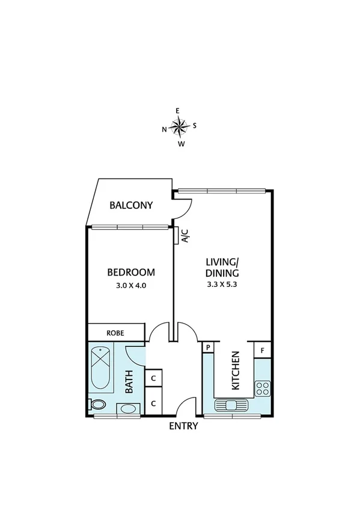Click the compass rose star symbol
pos(179,126)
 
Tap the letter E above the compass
pos(177,111)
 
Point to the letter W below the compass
pos(181,144)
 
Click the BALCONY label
pos(131,206)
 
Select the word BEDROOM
pos(131,272)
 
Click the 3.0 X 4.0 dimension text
pos(131,286)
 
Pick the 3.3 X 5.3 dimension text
pos(222,286)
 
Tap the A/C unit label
pos(185,236)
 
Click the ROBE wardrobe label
pos(115,332)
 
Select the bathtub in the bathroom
pos(100,368)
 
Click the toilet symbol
pos(96,404)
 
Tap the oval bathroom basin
pos(127,410)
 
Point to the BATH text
pos(129,381)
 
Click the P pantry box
pos(209,348)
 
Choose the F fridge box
pos(263,348)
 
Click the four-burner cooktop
pos(263,388)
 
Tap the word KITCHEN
pos(236,370)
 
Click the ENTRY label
pos(183,426)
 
